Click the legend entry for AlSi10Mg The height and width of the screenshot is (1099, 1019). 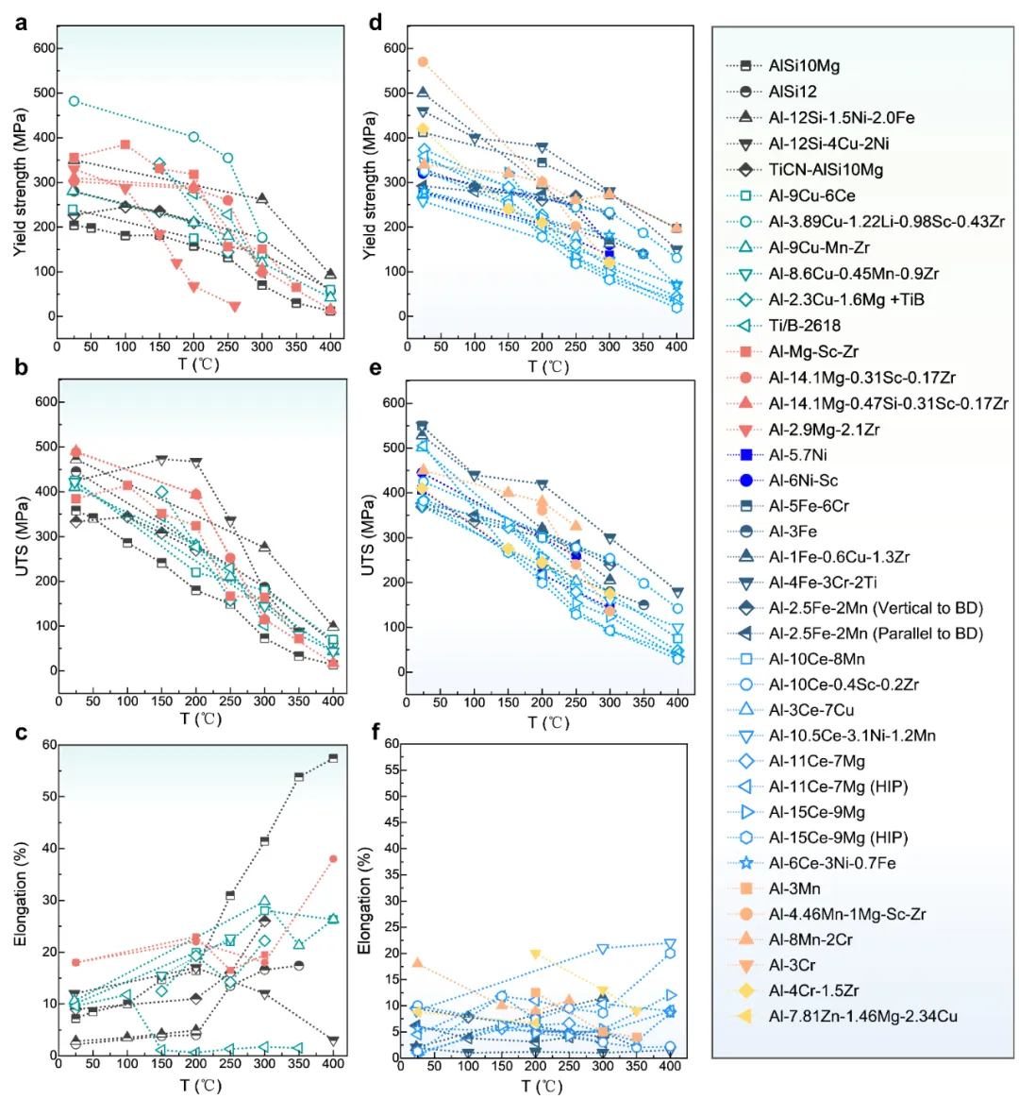pyautogui.click(x=803, y=66)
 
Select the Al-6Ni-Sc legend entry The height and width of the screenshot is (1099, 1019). pyautogui.click(x=802, y=481)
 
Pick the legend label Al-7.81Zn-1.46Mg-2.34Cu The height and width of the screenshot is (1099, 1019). pyautogui.click(x=862, y=1017)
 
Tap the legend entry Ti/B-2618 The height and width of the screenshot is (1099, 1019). pyautogui.click(x=804, y=325)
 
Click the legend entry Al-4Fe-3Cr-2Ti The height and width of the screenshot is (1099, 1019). pyautogui.click(x=822, y=583)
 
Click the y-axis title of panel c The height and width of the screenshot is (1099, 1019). pyautogui.click(x=21, y=893)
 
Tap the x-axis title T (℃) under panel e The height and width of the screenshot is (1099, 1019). pyautogui.click(x=547, y=722)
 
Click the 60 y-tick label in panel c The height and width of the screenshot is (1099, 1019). pyautogui.click(x=47, y=745)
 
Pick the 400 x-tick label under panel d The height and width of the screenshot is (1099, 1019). pyautogui.click(x=677, y=347)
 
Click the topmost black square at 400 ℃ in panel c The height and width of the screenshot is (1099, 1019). pyautogui.click(x=333, y=757)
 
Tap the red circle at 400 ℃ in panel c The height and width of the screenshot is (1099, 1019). pyautogui.click(x=333, y=859)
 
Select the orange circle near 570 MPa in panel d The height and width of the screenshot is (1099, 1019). pyautogui.click(x=423, y=62)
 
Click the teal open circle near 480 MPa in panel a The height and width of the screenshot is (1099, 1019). pyautogui.click(x=74, y=101)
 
